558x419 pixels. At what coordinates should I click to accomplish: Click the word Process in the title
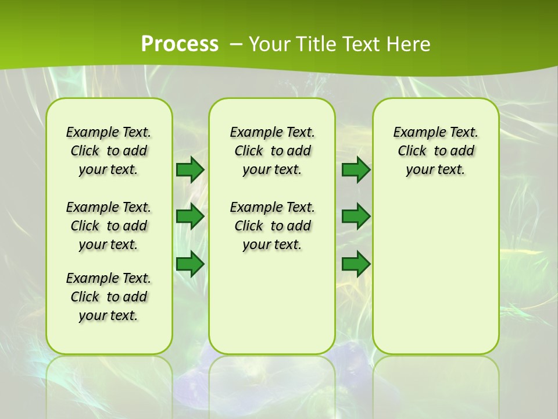pos(180,44)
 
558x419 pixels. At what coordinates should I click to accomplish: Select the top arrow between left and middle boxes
pos(189,169)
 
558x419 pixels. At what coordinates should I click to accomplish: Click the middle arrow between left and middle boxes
pos(189,216)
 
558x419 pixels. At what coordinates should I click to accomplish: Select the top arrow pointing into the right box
pos(356,169)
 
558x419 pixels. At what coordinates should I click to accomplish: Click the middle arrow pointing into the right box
pos(356,216)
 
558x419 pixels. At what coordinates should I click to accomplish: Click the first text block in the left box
pos(109,151)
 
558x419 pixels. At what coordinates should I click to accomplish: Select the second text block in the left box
pos(109,226)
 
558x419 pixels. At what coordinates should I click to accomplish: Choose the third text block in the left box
pos(109,297)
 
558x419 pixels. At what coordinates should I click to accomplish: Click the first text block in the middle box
pos(272,151)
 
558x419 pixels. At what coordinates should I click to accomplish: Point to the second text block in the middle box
pos(272,226)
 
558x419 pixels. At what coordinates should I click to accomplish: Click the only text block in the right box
pos(435,151)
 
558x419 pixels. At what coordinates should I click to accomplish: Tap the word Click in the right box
pos(412,151)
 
